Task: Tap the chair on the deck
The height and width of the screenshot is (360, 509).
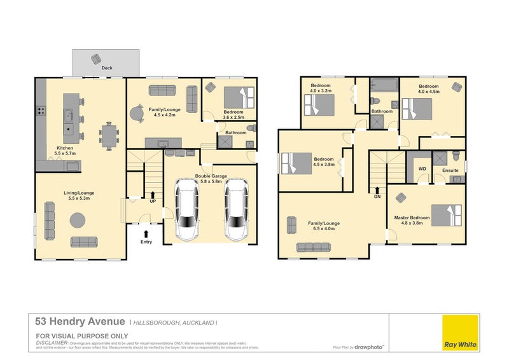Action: point(96,59)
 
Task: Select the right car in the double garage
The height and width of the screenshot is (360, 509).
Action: point(235,209)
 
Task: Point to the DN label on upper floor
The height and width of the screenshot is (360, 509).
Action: point(378,197)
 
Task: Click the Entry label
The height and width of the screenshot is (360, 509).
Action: point(146,241)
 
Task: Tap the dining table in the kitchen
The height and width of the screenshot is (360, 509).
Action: point(109,135)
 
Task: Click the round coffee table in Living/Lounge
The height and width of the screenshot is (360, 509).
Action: point(78,220)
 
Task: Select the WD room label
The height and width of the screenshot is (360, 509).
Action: point(422,169)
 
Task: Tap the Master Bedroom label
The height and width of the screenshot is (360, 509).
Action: point(411,218)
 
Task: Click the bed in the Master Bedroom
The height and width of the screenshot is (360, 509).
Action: point(447,215)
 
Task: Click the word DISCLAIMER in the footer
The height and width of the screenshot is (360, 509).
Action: point(51,342)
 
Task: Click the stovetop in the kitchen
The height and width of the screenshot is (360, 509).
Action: point(40,111)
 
